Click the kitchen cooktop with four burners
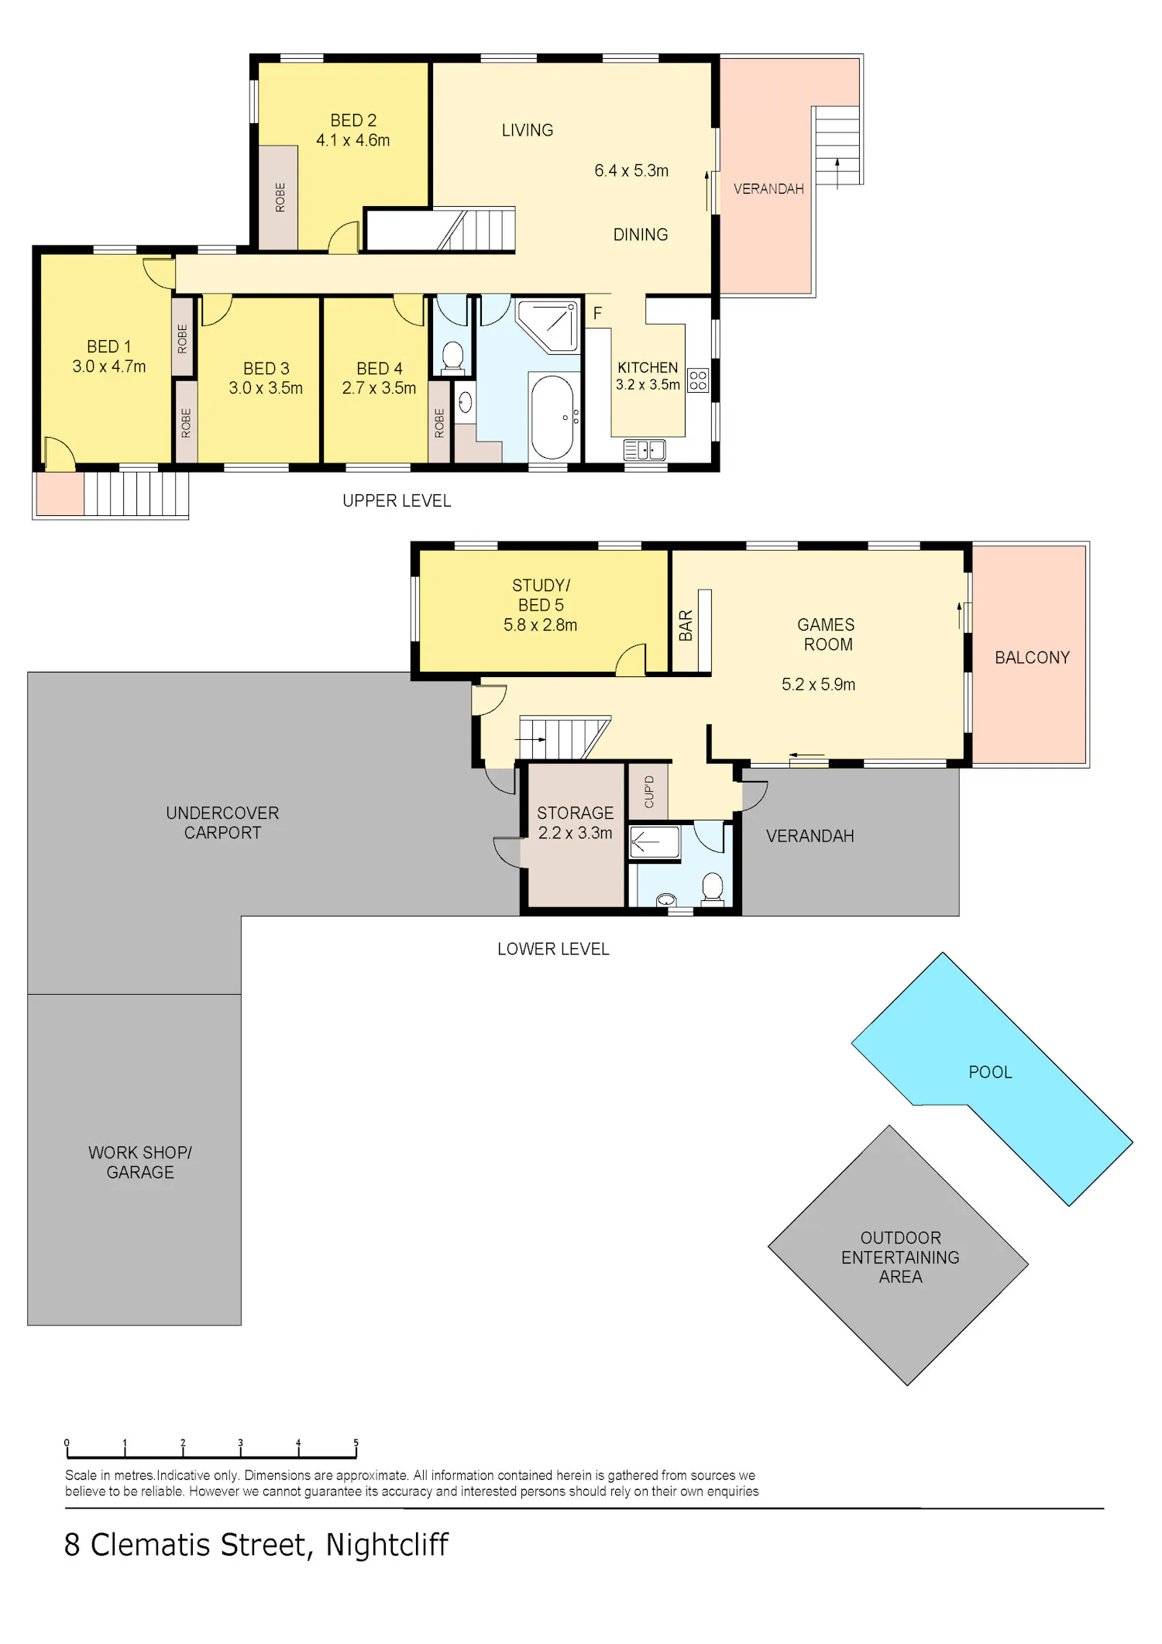698,380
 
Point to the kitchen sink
645,449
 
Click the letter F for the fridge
597,314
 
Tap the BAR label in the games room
686,626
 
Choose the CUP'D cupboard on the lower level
649,791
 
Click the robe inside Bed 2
278,198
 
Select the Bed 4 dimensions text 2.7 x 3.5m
379,388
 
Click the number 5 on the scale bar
356,1443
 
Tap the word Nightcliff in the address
387,1545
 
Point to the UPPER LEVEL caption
397,501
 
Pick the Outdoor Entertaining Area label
900,1257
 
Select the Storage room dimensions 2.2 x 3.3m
575,833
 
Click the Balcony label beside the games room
1032,658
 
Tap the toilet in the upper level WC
452,357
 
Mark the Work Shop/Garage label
140,1162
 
